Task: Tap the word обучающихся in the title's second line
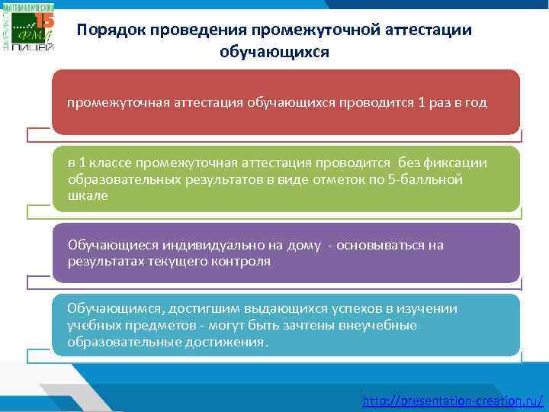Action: pyautogui.click(x=274, y=52)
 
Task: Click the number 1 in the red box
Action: pyautogui.click(x=413, y=103)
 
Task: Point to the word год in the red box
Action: pyautogui.click(x=474, y=103)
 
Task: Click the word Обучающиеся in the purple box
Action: pyautogui.click(x=110, y=245)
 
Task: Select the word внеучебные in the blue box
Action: pyautogui.click(x=380, y=325)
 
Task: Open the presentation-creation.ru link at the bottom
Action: pyautogui.click(x=453, y=399)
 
